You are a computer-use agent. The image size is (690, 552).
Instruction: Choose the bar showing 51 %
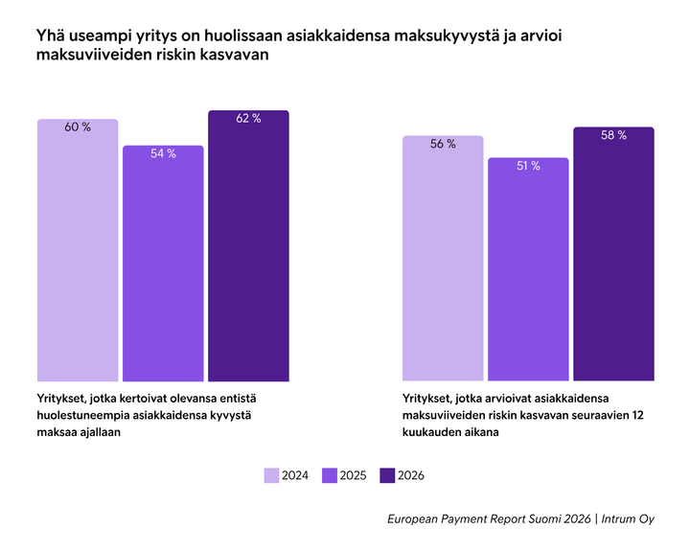[528, 271]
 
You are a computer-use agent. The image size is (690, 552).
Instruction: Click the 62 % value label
[248, 119]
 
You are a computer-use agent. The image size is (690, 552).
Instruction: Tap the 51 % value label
[528, 166]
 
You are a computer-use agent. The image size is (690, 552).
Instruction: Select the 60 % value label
[78, 127]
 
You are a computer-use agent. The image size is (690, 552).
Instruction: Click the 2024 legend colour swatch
[271, 475]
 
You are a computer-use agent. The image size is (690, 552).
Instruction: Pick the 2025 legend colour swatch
[330, 475]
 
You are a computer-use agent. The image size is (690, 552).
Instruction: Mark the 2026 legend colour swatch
[388, 475]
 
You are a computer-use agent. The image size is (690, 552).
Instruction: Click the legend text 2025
[353, 475]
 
